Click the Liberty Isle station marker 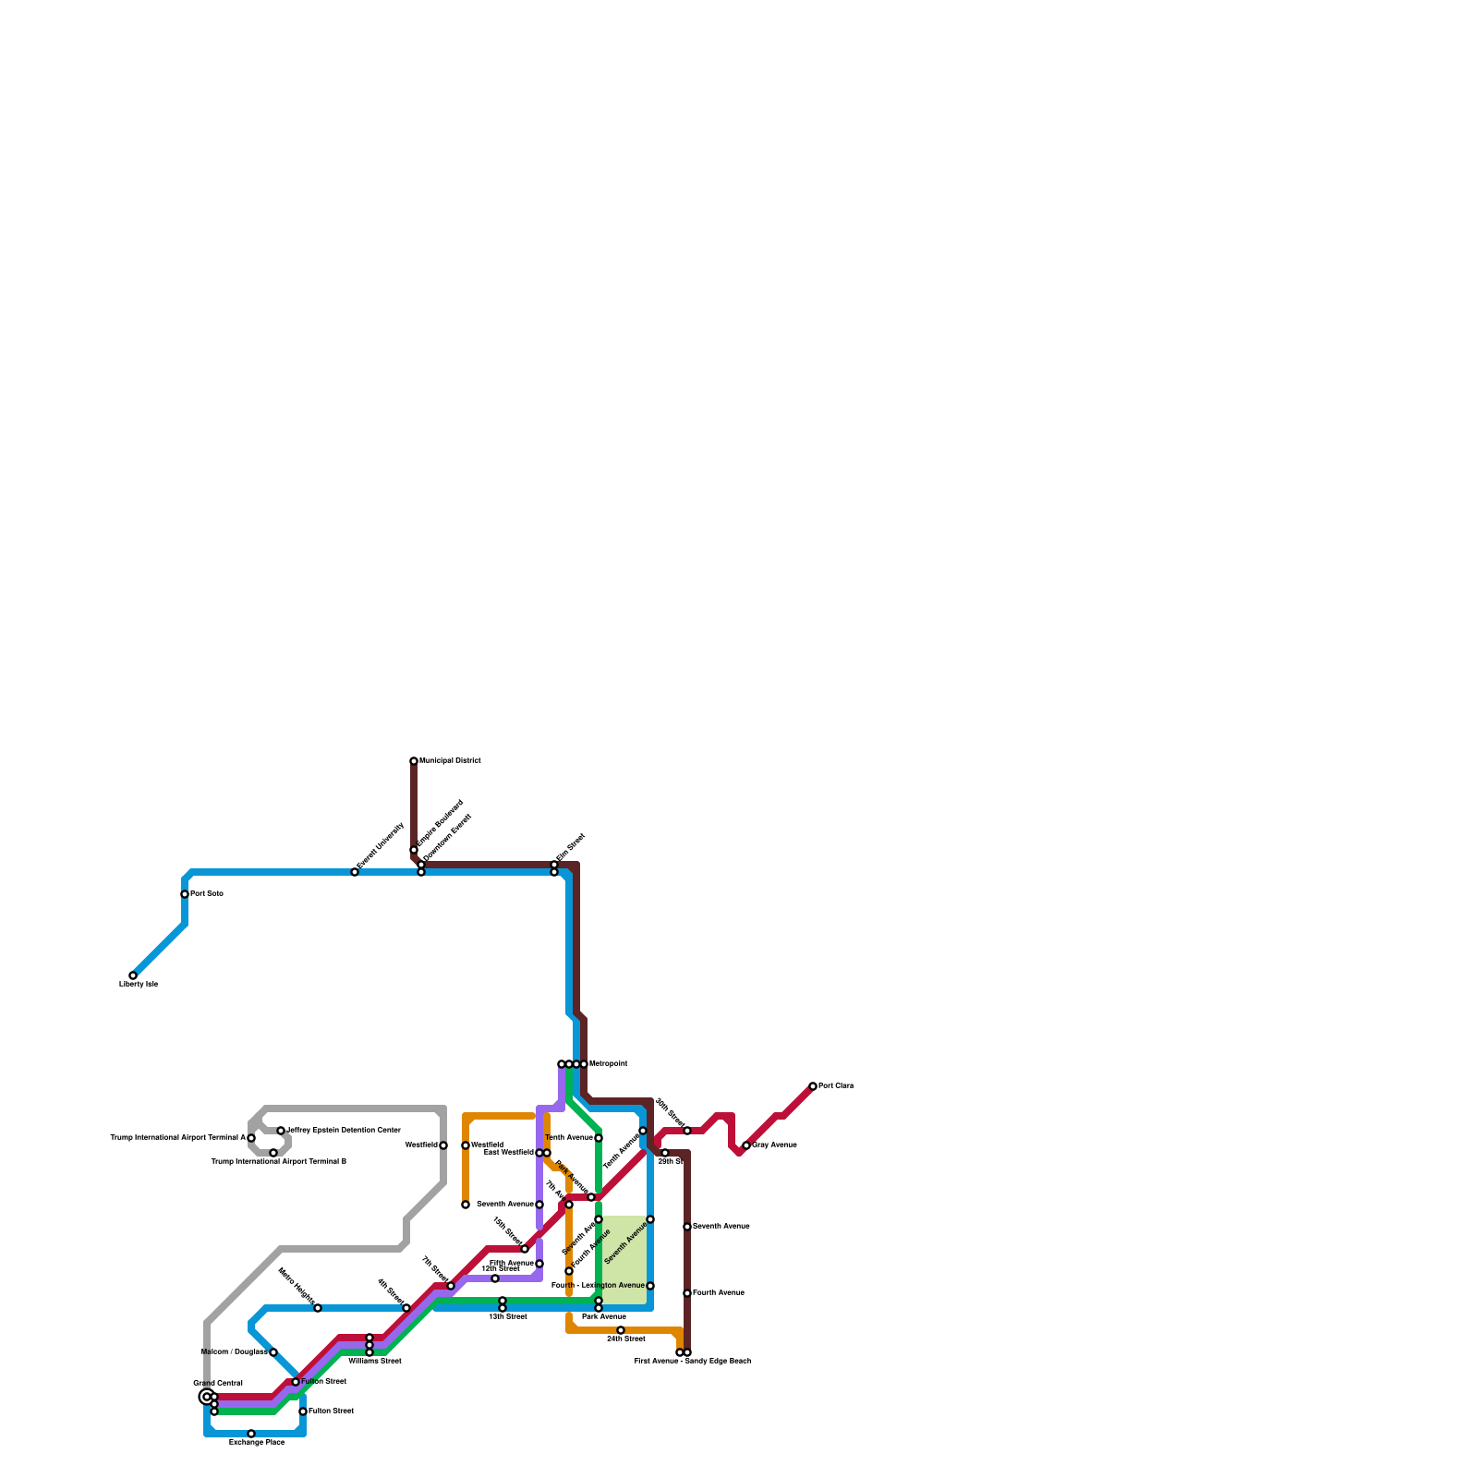(x=133, y=975)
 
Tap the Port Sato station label (x=207, y=894)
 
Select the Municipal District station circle (x=414, y=761)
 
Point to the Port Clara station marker (x=813, y=1086)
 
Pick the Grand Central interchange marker (x=207, y=1397)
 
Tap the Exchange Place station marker (x=251, y=1434)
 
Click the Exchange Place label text (x=257, y=1443)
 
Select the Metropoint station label (x=608, y=1064)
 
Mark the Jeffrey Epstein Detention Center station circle (x=281, y=1131)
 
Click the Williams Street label (x=375, y=1361)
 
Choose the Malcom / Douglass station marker (x=273, y=1352)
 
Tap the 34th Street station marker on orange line (x=621, y=1330)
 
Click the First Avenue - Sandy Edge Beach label (x=693, y=1361)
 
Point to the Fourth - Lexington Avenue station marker (x=650, y=1286)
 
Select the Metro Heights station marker (x=318, y=1308)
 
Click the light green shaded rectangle (x=624, y=1260)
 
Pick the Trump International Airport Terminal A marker (x=251, y=1138)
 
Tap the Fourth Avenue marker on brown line (x=687, y=1293)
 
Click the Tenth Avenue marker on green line (x=599, y=1138)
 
